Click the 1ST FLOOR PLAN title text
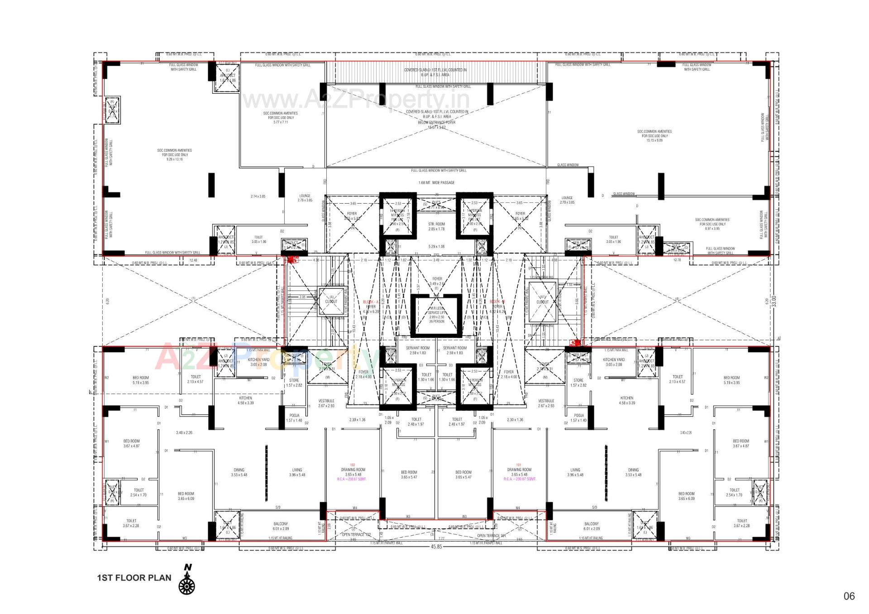pos(134,578)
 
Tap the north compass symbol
pos(187,582)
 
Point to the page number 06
pos(849,596)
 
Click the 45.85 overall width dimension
pos(436,547)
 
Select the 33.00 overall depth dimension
pos(774,301)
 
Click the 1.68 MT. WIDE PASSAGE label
pos(436,183)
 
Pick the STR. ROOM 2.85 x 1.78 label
pos(436,226)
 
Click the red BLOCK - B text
pos(497,301)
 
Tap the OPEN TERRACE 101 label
pos(491,535)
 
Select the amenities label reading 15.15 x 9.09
pos(654,136)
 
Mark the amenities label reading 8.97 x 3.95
pos(712,224)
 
